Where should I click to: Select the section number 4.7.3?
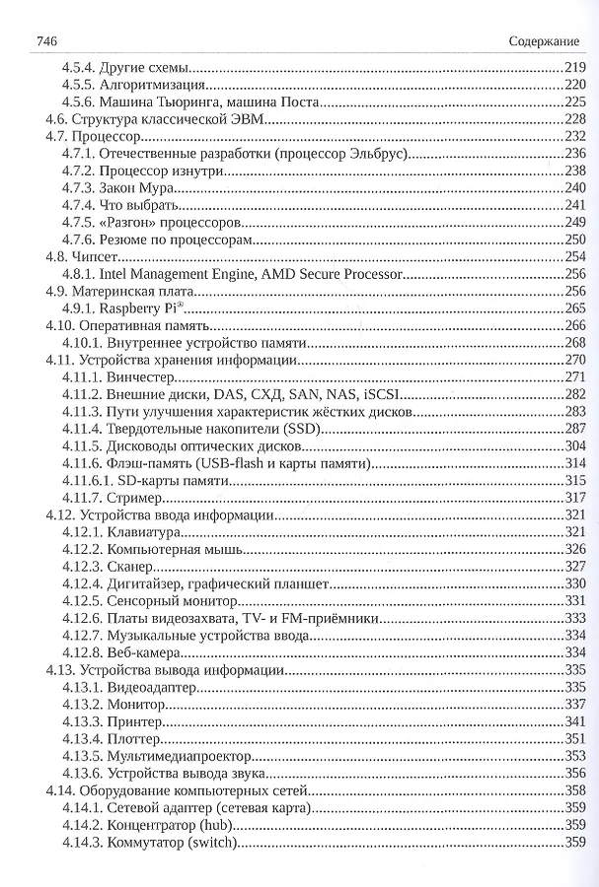coord(78,187)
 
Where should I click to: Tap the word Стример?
coord(133,497)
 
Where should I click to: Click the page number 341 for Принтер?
coord(575,720)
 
